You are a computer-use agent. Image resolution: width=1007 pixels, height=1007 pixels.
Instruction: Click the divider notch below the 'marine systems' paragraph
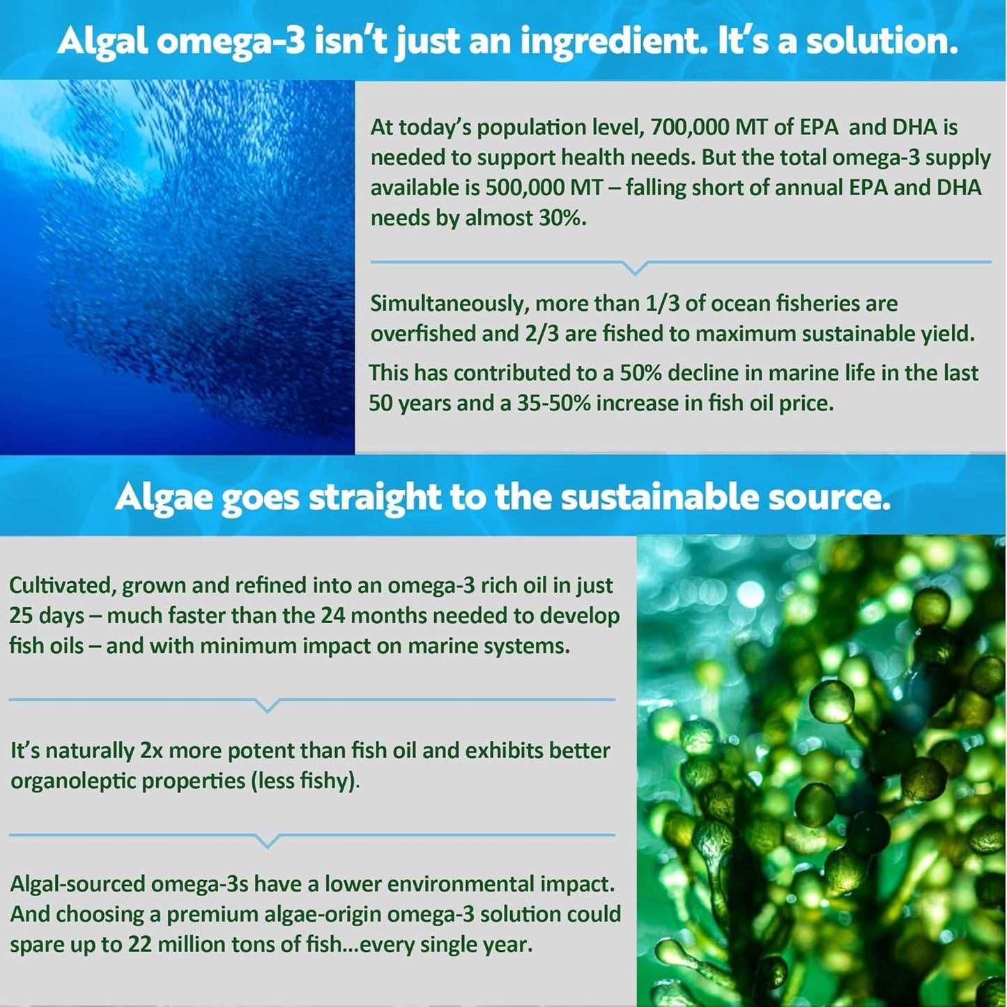268,706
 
